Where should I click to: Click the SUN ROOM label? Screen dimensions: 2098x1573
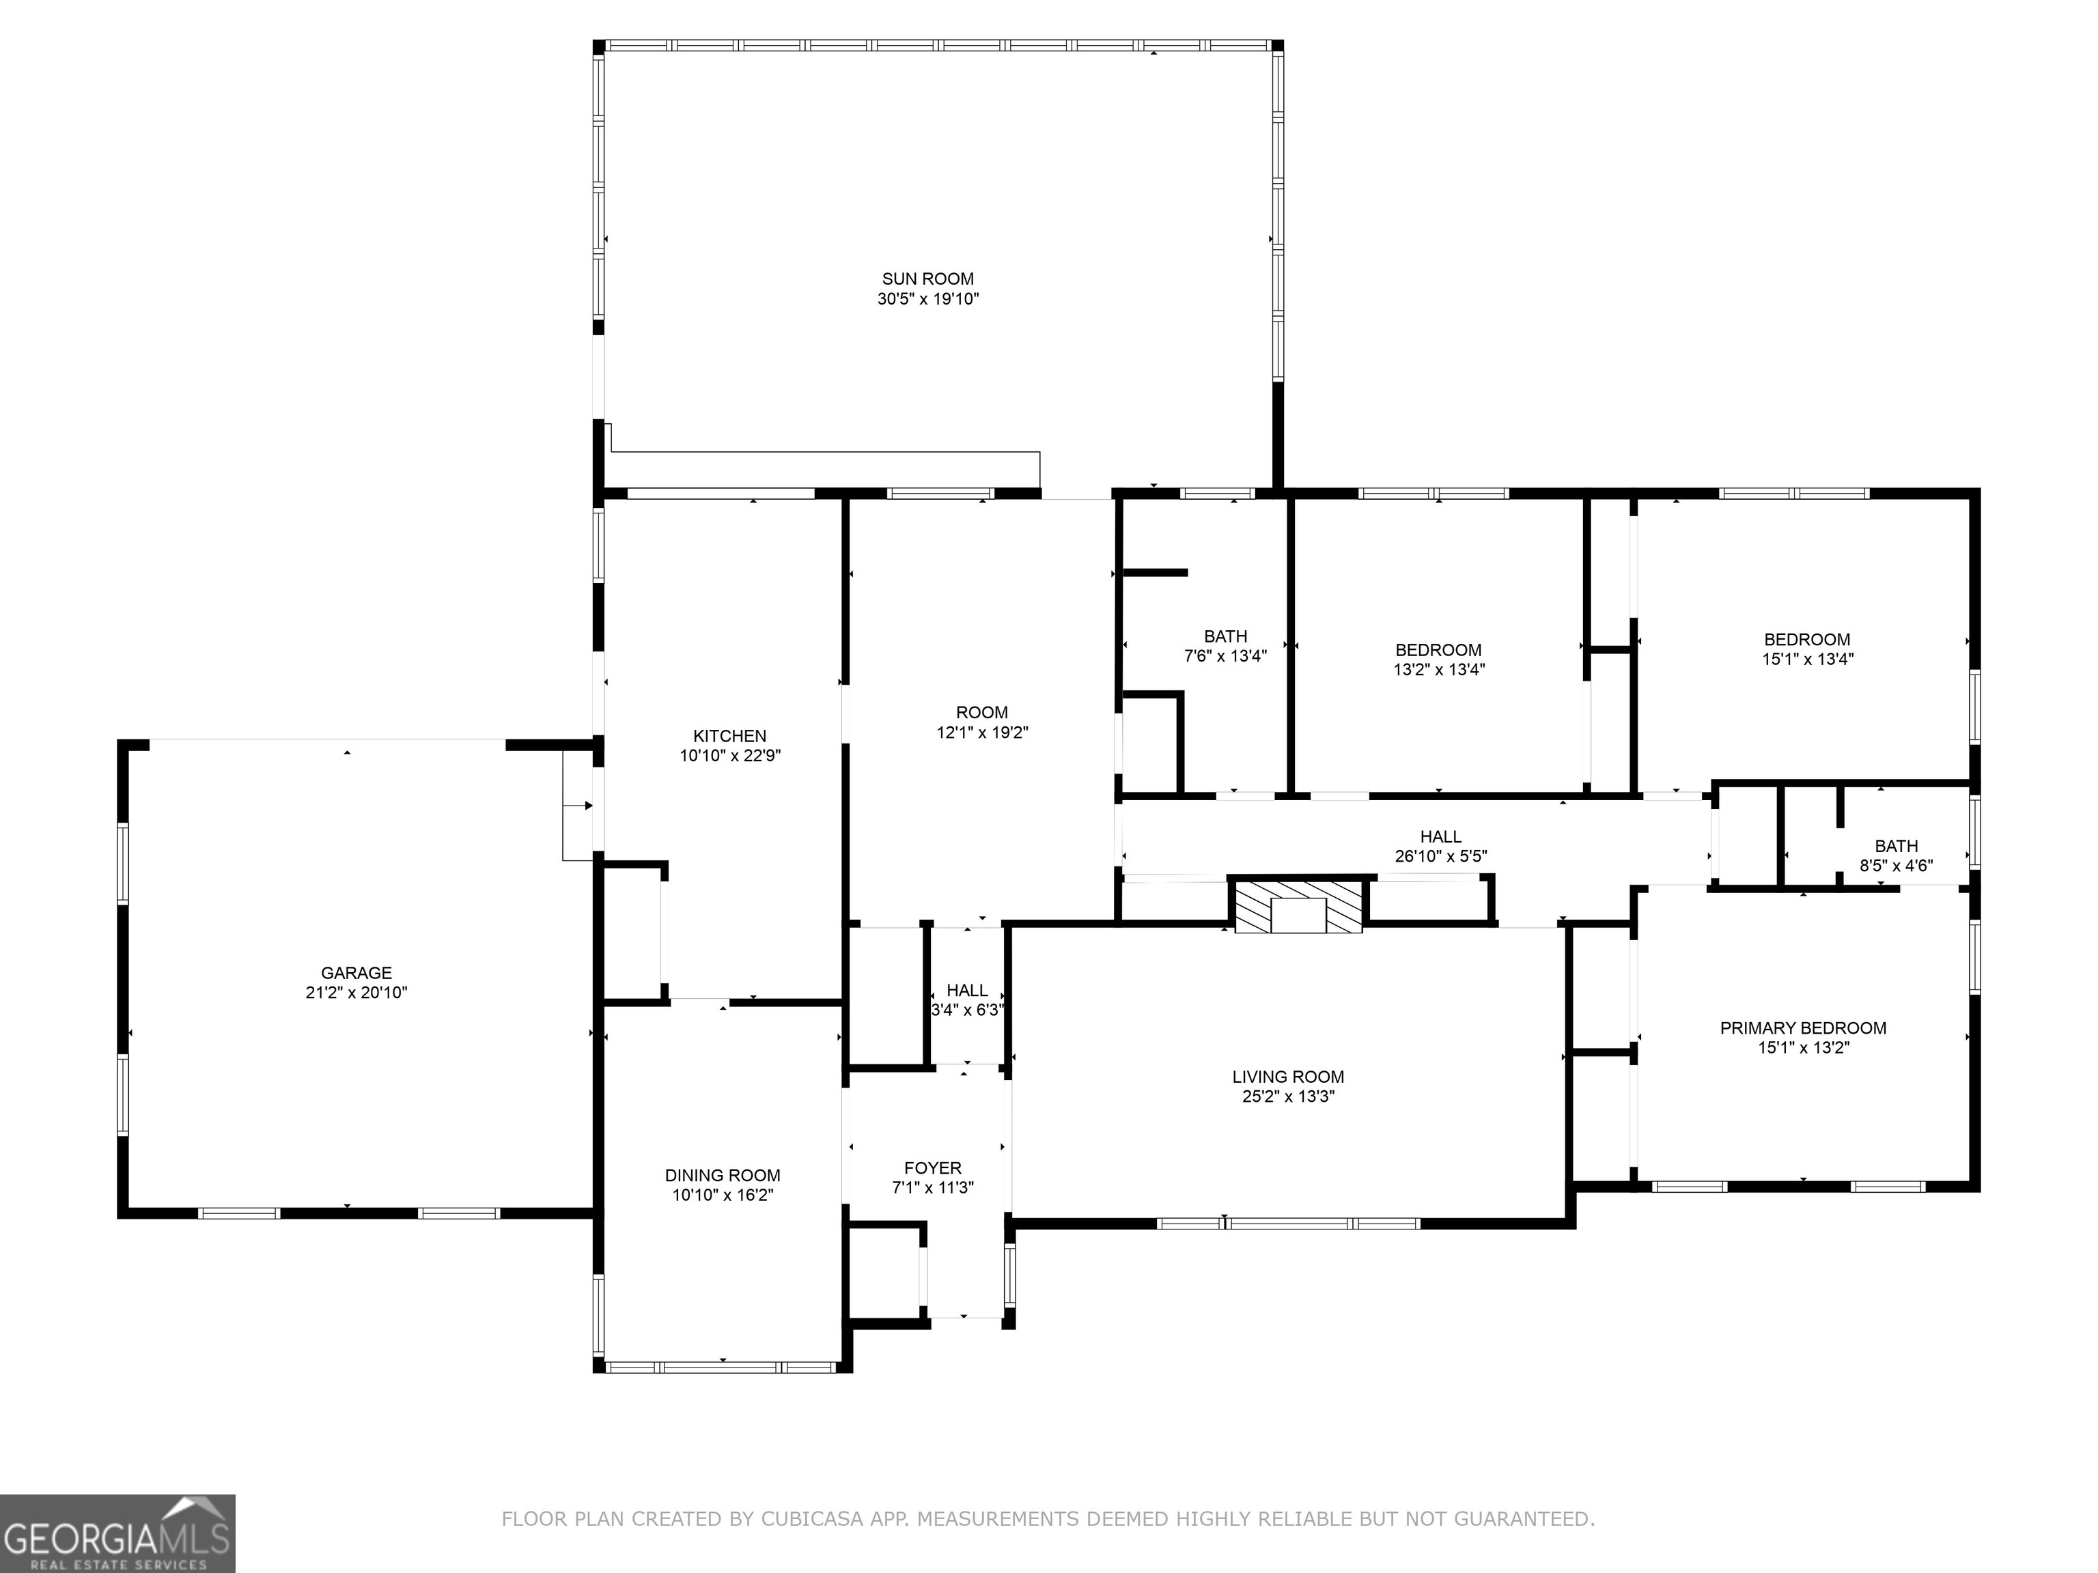pos(927,279)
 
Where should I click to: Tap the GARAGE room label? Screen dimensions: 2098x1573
pos(356,973)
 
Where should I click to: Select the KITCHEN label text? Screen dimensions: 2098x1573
pos(729,736)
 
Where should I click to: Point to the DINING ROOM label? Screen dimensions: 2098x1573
pos(723,1176)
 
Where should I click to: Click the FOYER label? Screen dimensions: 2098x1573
pos(932,1168)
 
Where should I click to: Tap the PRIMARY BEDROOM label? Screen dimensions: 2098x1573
pos(1803,1028)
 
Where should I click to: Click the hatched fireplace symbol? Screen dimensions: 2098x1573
pos(1298,905)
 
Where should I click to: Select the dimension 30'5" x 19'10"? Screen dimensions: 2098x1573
pos(927,298)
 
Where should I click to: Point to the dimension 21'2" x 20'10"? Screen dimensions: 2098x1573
pos(356,993)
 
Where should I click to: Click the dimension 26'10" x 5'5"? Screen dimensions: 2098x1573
pos(1441,856)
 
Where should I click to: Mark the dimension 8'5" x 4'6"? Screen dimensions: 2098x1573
pos(1896,866)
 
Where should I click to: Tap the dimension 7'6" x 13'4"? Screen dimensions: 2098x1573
pos(1225,655)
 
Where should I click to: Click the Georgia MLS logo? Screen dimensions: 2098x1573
pos(117,1533)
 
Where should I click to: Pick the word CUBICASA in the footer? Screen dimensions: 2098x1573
pos(812,1519)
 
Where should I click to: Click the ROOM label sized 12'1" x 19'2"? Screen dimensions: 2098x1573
pos(981,712)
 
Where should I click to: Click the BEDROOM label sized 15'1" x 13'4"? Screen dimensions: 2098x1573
pos(1807,639)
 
